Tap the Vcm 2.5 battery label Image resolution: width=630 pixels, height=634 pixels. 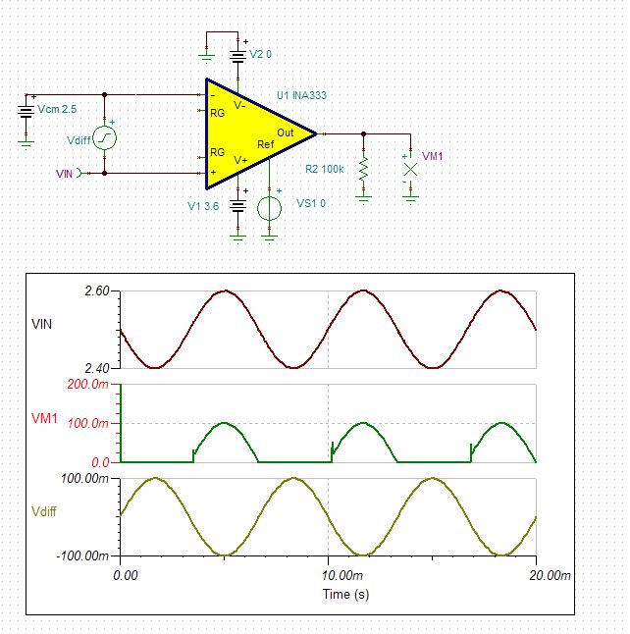click(57, 106)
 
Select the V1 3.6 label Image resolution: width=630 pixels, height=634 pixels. click(203, 207)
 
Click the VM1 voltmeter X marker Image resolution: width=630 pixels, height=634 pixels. click(411, 169)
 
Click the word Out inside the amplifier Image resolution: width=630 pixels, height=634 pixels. click(285, 132)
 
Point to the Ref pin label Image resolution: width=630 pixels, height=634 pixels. click(265, 144)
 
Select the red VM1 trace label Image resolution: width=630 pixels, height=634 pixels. click(46, 419)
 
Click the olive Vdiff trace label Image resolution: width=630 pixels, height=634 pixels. click(46, 512)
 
